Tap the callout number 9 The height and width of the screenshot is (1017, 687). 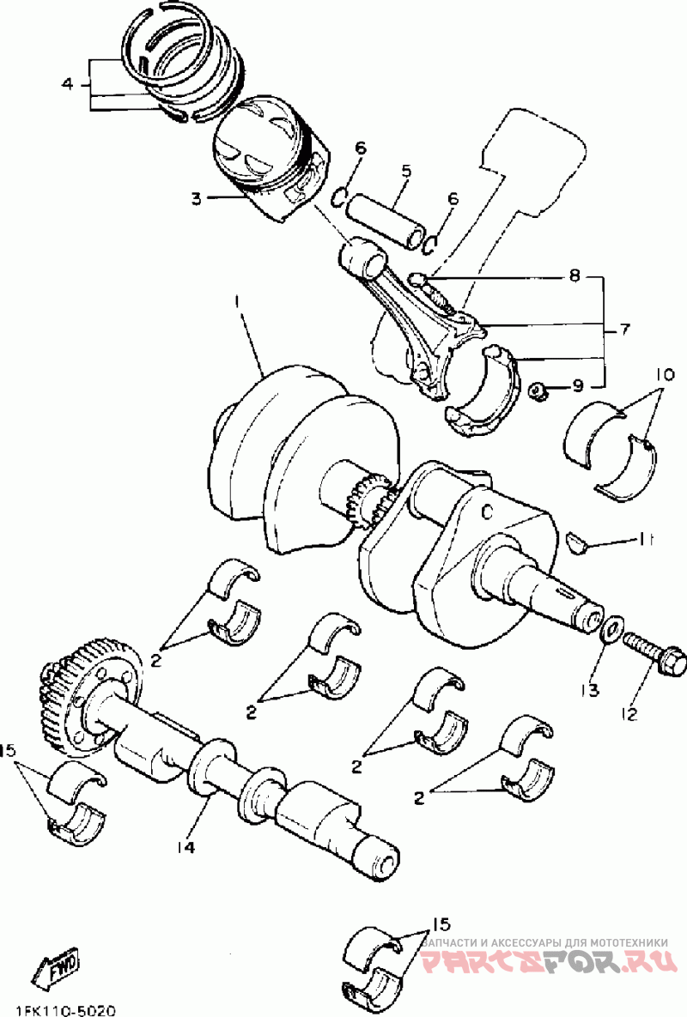click(577, 387)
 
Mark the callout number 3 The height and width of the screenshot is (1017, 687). click(196, 198)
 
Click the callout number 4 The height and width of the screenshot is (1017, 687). click(69, 83)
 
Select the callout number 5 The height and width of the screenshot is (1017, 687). click(406, 172)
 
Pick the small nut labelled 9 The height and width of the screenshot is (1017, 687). click(538, 391)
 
